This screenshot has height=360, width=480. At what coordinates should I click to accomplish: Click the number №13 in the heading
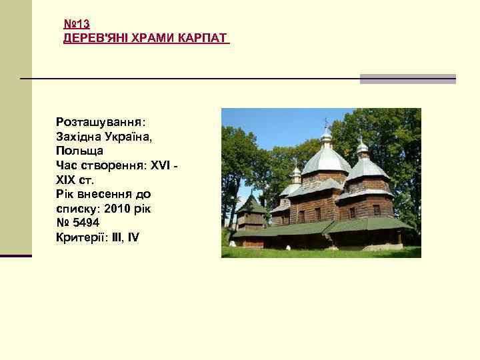[77, 24]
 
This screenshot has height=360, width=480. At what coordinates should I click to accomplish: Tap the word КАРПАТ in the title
[202, 38]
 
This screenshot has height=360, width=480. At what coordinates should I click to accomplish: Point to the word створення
[110, 165]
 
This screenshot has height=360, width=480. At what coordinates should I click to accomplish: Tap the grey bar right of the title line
[407, 79]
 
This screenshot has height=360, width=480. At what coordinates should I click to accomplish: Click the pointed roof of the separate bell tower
[251, 203]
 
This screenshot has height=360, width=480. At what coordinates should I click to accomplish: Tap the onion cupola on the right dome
[362, 147]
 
